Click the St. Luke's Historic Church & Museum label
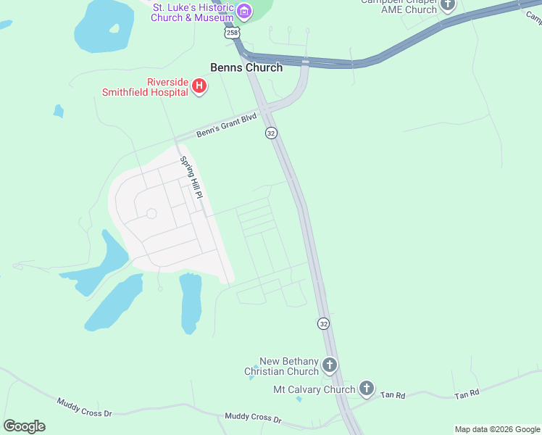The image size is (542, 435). pos(193,12)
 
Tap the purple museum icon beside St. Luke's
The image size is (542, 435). pos(245,11)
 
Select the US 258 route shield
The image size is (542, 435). pos(232,33)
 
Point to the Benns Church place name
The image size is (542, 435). pos(246,67)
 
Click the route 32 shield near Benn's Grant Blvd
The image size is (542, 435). pos(271,133)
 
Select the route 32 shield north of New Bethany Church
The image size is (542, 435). pos(324,323)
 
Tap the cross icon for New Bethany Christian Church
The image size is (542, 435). pos(330,365)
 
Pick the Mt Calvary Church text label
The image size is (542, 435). pos(314,389)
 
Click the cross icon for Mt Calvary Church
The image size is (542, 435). pos(367,389)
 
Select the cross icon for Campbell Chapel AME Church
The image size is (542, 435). pos(448,5)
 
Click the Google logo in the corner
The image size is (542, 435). pos(24,426)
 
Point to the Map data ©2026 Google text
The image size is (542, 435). pos(497,429)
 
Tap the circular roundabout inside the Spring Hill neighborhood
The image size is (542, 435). pos(151,213)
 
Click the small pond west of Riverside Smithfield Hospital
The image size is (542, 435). pos(58,111)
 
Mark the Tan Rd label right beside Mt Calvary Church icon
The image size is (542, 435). pos(395,395)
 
